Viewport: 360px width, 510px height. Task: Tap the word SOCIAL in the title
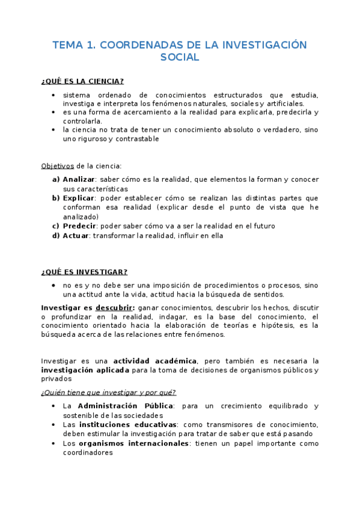(180, 58)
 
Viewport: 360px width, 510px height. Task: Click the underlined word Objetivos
(57, 165)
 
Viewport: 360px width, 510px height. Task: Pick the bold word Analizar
(79, 179)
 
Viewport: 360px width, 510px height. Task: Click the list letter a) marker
(55, 179)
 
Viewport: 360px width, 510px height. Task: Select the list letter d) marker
(55, 236)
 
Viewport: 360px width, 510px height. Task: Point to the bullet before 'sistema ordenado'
(54, 95)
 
